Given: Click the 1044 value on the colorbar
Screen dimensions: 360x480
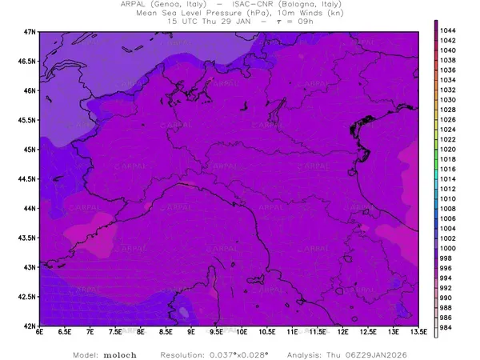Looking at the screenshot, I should click(449, 30).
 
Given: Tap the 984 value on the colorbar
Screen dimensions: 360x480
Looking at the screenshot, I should click(448, 327).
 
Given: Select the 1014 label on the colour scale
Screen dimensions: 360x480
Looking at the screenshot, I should click(449, 178).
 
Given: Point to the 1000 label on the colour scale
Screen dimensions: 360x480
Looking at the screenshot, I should click(449, 248).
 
